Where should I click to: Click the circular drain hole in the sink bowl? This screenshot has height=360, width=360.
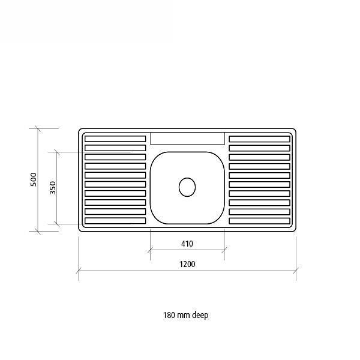click(x=187, y=187)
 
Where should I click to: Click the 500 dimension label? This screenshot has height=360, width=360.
click(x=34, y=179)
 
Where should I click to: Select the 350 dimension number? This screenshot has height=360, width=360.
click(x=53, y=187)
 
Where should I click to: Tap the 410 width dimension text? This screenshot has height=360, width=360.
click(x=187, y=244)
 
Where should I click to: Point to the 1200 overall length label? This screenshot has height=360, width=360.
click(x=187, y=264)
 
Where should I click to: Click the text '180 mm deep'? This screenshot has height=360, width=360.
click(x=186, y=315)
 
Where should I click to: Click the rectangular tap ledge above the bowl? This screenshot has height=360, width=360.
click(x=187, y=139)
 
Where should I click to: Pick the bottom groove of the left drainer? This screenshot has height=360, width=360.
click(x=115, y=221)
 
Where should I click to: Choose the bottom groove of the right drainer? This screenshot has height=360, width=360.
click(x=259, y=221)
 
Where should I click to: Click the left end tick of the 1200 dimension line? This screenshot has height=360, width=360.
click(x=79, y=271)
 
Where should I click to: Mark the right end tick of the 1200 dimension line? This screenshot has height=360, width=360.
click(x=296, y=271)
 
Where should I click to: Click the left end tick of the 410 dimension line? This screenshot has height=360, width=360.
click(x=150, y=251)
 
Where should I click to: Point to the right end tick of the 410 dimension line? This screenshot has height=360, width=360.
click(x=224, y=251)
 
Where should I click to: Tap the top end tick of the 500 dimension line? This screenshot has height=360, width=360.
click(x=38, y=128)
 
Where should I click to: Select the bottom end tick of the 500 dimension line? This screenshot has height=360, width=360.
click(x=38, y=230)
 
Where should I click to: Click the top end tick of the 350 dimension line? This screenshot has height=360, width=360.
click(x=57, y=152)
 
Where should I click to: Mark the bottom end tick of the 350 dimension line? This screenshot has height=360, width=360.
click(x=57, y=224)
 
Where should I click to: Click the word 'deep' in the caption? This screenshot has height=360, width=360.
click(x=200, y=315)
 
